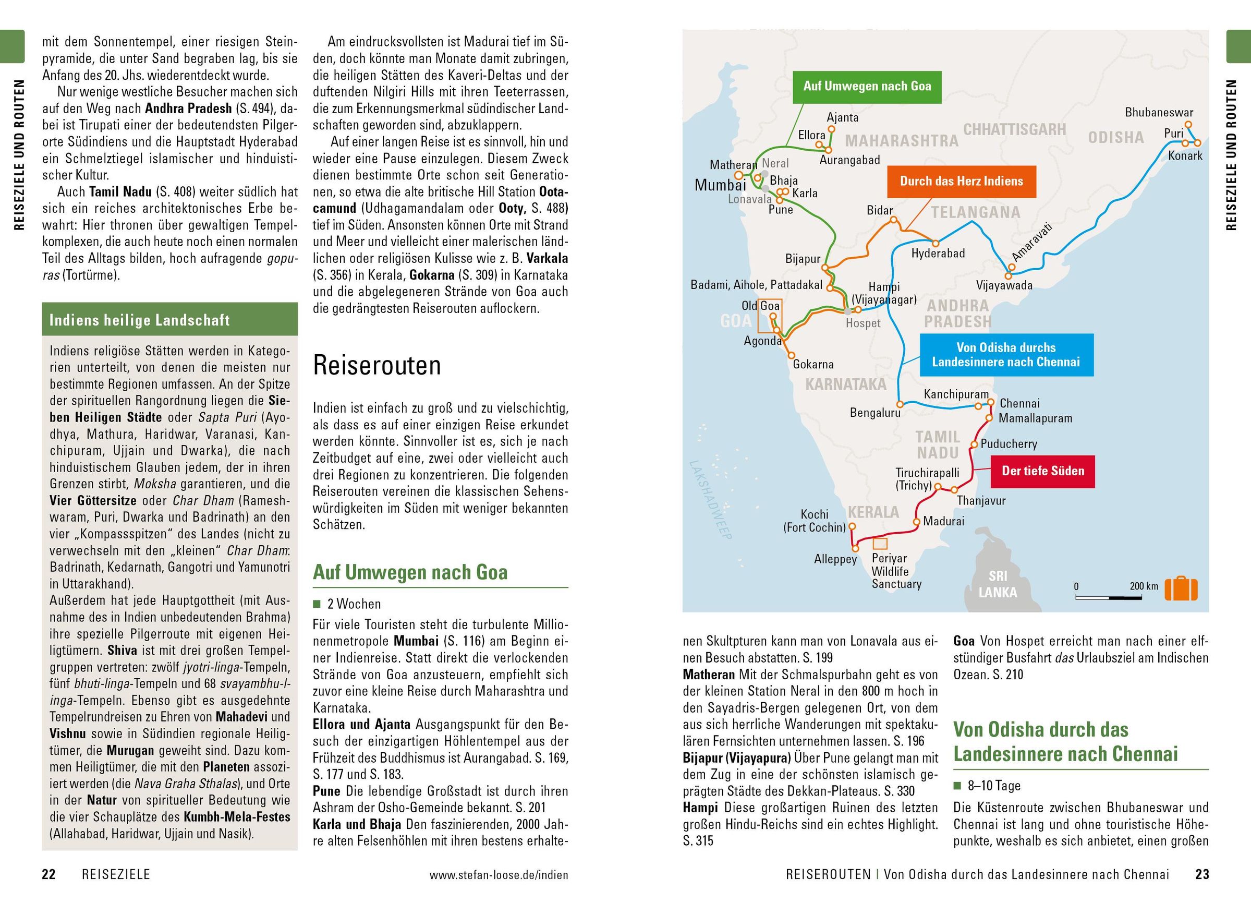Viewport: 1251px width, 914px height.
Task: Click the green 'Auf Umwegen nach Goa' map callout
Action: (867, 86)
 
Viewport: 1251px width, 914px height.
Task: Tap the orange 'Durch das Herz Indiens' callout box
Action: (961, 181)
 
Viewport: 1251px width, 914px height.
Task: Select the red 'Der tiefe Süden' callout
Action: (1042, 471)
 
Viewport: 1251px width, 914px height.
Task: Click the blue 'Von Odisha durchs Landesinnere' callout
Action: (1006, 355)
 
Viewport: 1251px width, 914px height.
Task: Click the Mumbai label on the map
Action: (720, 185)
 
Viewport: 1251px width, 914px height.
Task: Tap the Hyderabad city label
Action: (938, 254)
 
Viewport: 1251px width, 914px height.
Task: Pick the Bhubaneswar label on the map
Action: (1159, 112)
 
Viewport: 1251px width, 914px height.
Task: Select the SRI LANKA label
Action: (998, 584)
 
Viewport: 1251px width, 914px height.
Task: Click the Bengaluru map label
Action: (875, 413)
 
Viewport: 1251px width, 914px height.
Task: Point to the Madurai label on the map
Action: (943, 521)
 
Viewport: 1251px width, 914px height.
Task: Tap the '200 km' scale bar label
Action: (1143, 586)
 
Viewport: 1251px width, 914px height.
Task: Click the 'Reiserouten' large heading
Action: (376, 365)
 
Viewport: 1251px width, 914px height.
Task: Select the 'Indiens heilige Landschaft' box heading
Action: (139, 320)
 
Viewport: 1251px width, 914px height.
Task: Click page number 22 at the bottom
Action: (48, 874)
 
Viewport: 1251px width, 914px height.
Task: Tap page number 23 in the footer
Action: (1202, 874)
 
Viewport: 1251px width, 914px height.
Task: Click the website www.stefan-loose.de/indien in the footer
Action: (499, 875)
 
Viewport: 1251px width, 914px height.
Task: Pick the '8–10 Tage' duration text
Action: (994, 786)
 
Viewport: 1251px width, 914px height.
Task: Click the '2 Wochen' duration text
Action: (354, 604)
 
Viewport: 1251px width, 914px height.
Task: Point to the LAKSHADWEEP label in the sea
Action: (711, 500)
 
